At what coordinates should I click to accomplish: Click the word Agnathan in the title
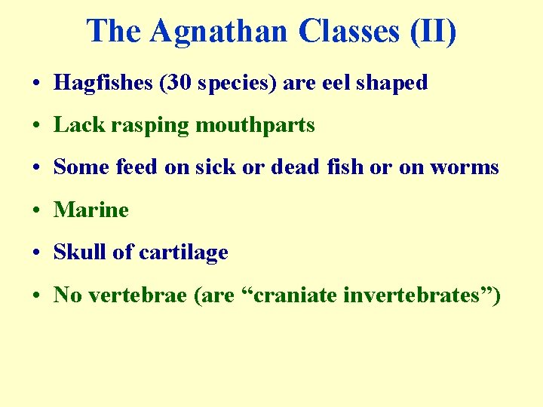pyautogui.click(x=219, y=32)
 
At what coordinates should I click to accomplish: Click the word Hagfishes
pyautogui.click(x=101, y=83)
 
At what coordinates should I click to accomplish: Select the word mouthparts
pyautogui.click(x=255, y=125)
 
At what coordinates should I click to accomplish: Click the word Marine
pyautogui.click(x=91, y=210)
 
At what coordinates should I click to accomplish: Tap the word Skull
pyautogui.click(x=80, y=252)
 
